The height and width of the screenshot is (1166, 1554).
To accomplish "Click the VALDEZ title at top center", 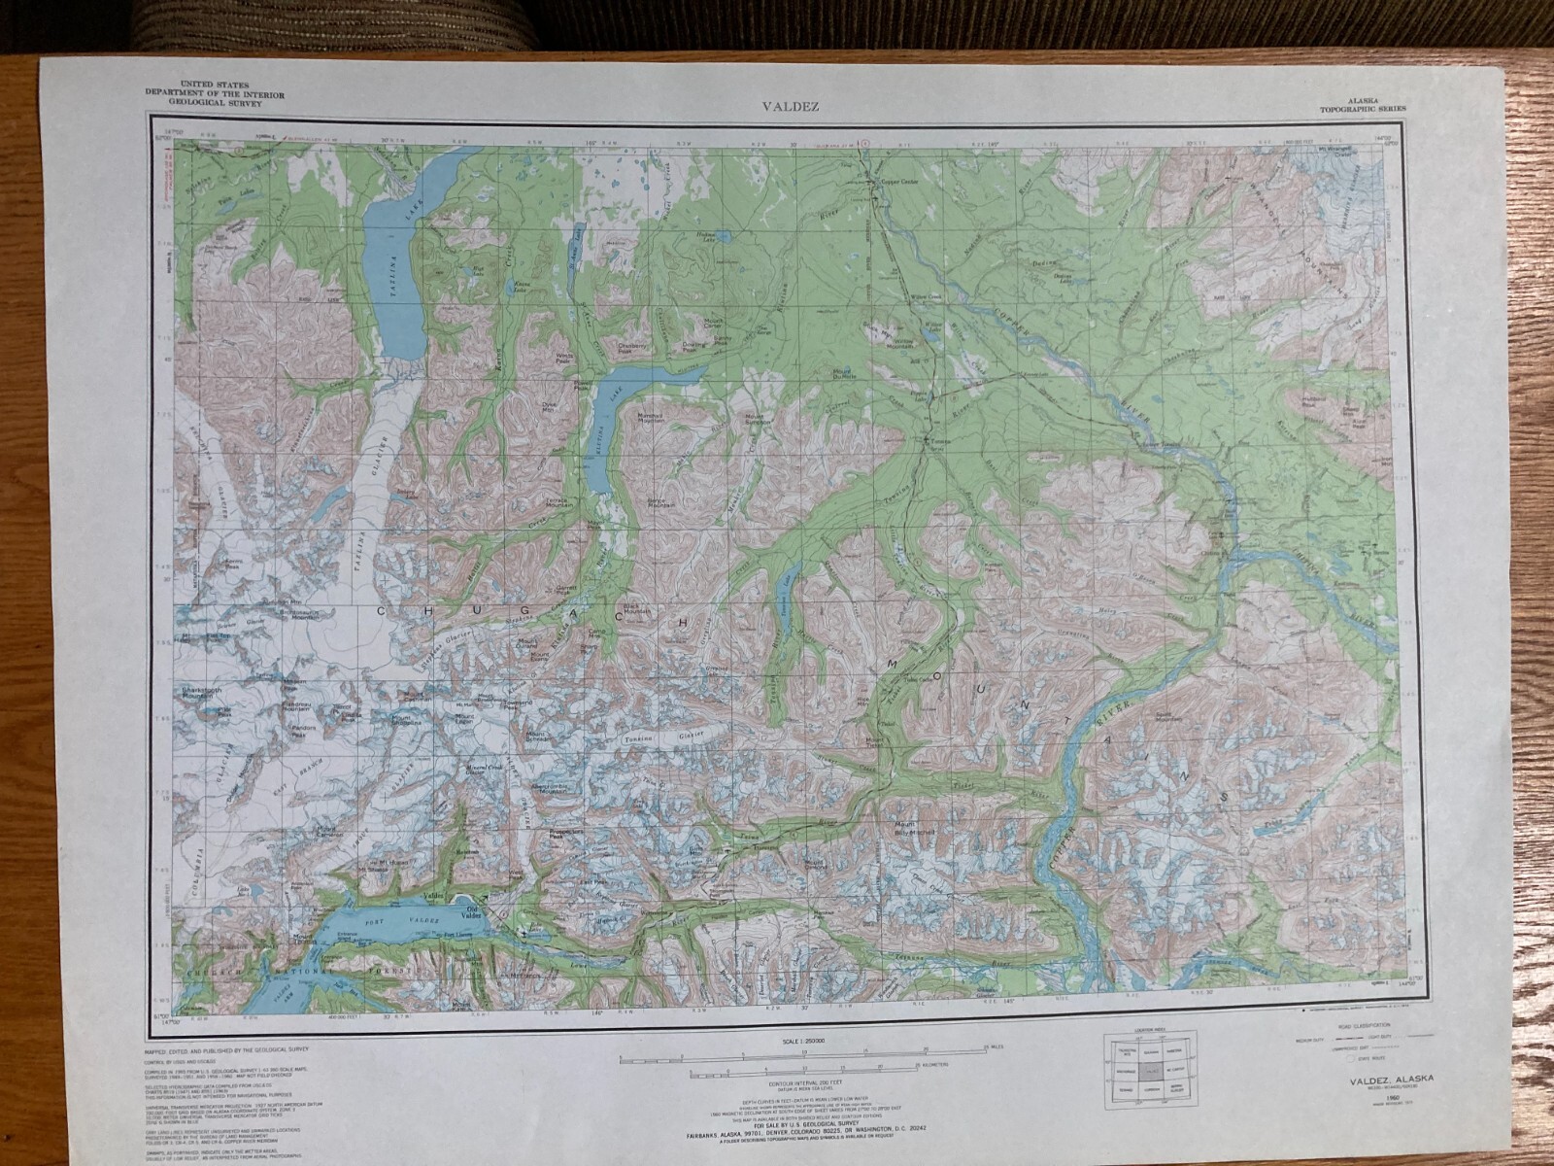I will coord(776,107).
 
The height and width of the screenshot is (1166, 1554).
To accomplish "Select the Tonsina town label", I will coord(937,442).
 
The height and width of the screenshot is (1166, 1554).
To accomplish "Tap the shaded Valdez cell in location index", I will coord(1151,1069).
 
